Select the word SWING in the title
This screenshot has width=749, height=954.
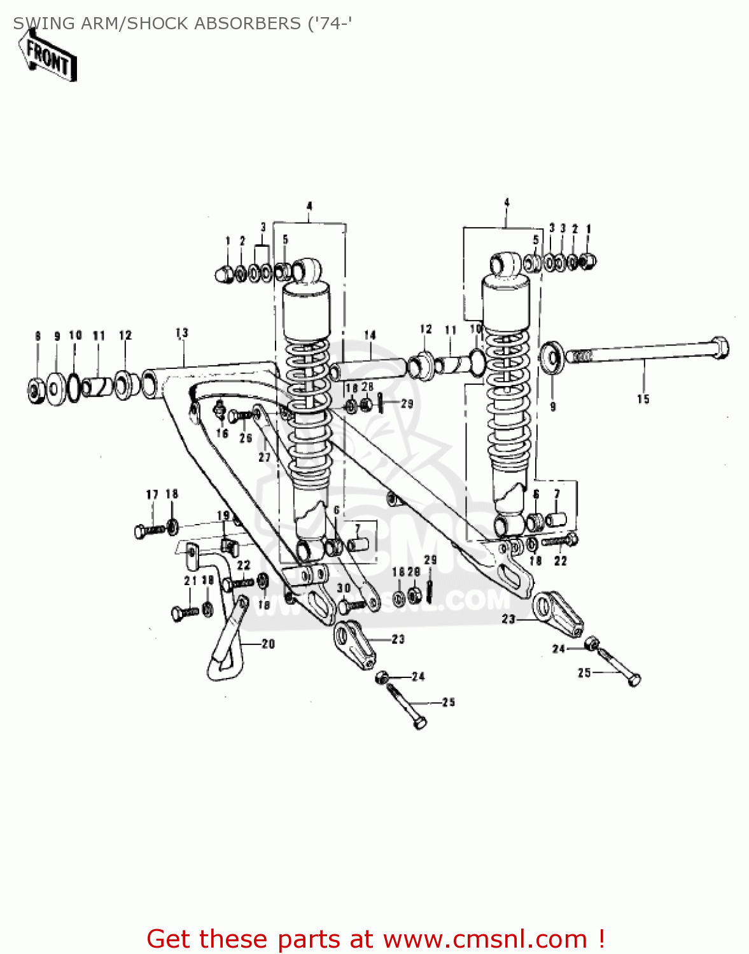pyautogui.click(x=36, y=24)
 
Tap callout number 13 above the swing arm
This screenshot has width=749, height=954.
pyautogui.click(x=182, y=333)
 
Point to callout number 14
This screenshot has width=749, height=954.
pyautogui.click(x=370, y=335)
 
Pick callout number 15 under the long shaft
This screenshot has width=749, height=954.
pyautogui.click(x=643, y=399)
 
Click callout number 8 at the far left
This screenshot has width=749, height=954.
pyautogui.click(x=38, y=336)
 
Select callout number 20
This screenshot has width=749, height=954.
pyautogui.click(x=268, y=644)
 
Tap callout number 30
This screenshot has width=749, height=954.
pyautogui.click(x=344, y=588)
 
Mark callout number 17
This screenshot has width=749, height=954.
pyautogui.click(x=152, y=495)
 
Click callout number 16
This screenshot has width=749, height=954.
pyautogui.click(x=222, y=433)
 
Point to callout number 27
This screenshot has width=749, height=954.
pyautogui.click(x=265, y=457)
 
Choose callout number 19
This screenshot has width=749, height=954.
pyautogui.click(x=223, y=515)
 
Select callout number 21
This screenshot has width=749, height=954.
pyautogui.click(x=190, y=581)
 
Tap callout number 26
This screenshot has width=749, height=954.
pyautogui.click(x=246, y=438)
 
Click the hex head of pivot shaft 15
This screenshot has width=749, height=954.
pyautogui.click(x=719, y=347)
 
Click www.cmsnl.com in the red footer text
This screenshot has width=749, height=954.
pyautogui.click(x=477, y=939)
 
